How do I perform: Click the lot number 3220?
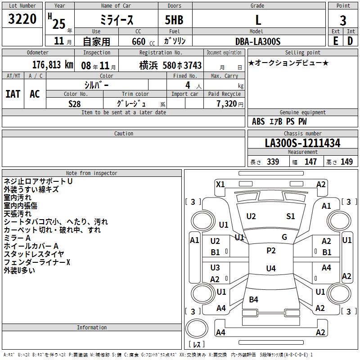[22, 19]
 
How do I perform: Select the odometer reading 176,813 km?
[53, 65]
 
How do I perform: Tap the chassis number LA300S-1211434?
[302, 143]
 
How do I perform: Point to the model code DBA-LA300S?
[258, 41]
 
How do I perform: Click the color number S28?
[75, 104]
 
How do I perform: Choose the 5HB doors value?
[174, 20]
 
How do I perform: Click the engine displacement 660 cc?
[143, 42]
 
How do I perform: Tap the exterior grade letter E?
[336, 41]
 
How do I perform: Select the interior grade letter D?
[350, 41]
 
